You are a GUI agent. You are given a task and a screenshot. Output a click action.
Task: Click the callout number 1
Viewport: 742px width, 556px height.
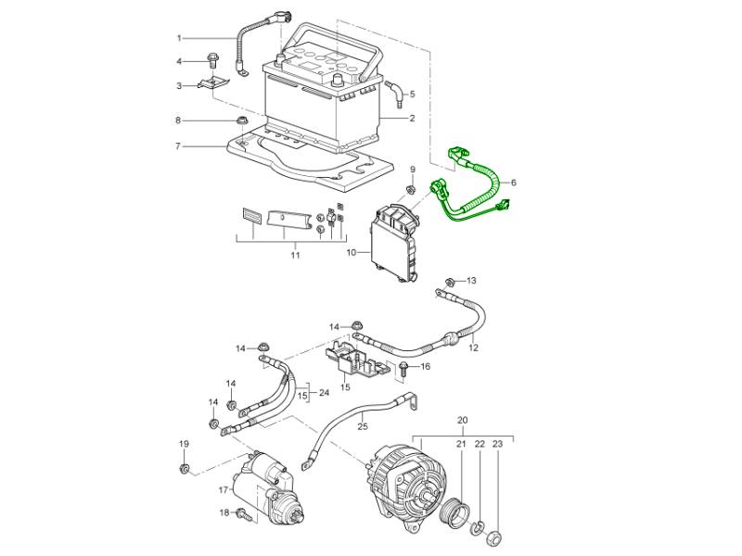[180, 38]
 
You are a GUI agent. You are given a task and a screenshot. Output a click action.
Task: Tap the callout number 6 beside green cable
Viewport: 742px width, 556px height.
[514, 183]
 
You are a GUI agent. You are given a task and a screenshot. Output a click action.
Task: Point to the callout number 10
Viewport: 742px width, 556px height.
[352, 251]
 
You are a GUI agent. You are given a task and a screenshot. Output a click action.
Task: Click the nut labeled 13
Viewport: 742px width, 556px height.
[450, 281]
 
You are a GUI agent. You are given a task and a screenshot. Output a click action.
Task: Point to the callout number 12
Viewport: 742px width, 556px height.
[473, 348]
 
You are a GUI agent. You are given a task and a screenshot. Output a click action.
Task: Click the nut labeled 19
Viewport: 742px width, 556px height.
[185, 469]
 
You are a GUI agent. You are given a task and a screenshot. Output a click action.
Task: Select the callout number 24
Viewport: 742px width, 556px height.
[324, 392]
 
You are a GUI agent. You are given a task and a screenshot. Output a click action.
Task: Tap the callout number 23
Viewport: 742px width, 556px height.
[497, 445]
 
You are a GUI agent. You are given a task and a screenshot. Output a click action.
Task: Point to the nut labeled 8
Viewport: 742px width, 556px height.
[242, 121]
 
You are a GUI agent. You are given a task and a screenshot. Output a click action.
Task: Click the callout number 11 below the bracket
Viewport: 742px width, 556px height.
[295, 254]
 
